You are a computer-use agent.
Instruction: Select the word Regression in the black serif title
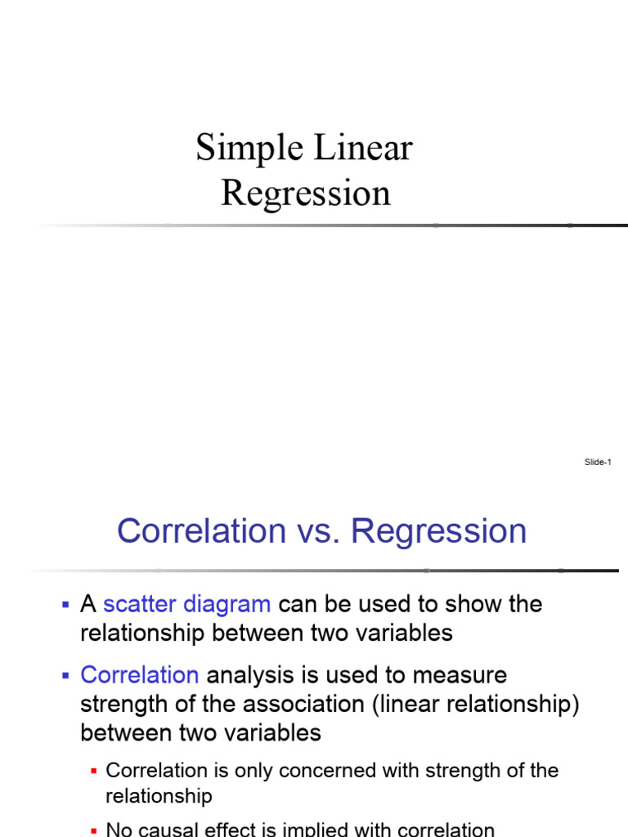(306, 194)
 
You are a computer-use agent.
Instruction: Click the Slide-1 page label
(598, 463)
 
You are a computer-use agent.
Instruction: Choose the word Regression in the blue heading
(439, 531)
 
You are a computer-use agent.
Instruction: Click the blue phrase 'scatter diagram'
(186, 605)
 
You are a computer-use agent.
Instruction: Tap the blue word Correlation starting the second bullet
(139, 675)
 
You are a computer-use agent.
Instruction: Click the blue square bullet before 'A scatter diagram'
(65, 605)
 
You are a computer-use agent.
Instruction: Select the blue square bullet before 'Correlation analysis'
(65, 675)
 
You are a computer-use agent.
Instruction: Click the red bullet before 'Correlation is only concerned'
(93, 771)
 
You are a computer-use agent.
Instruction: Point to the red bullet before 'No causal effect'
(93, 830)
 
